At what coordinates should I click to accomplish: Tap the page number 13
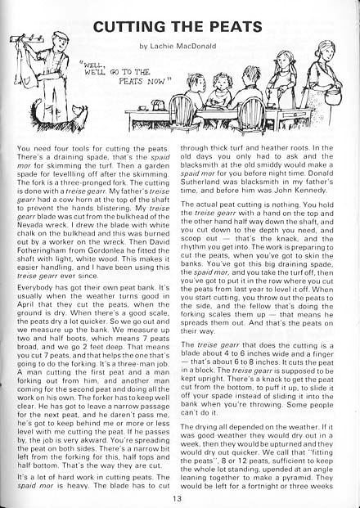coord(178,498)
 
